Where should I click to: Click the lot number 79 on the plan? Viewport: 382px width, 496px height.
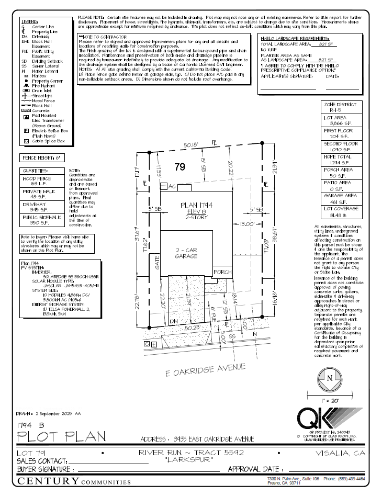pyautogui.click(x=180, y=167)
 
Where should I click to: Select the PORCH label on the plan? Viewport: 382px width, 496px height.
pyautogui.click(x=223, y=273)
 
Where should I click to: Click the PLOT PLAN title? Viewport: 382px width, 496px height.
pyautogui.click(x=62, y=436)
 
